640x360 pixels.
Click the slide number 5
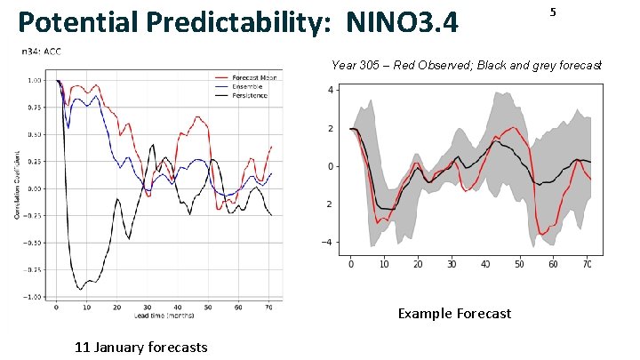(x=553, y=12)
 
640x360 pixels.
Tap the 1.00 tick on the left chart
(x=36, y=80)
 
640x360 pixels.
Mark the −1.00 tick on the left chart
(x=34, y=297)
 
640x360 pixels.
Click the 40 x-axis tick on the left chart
(x=178, y=307)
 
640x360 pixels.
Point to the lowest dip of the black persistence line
(x=81, y=290)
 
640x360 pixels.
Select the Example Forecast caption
(x=454, y=313)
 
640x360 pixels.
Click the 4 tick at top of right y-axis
(x=331, y=91)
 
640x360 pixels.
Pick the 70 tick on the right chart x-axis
(x=587, y=264)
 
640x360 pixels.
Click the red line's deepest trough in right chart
(x=542, y=235)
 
